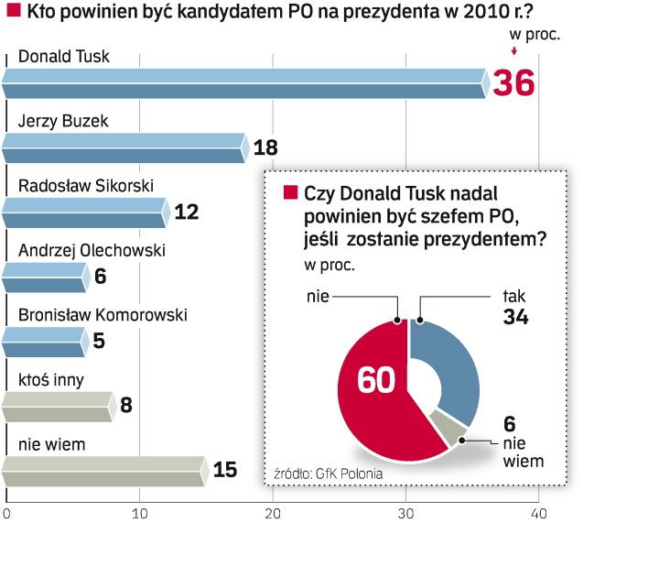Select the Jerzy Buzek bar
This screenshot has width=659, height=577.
pos(124,148)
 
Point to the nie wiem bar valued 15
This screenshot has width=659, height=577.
pos(104,470)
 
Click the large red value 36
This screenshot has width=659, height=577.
pos(513,83)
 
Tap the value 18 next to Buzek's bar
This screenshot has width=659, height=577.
pos(265,148)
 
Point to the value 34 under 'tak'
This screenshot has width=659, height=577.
pos(516,318)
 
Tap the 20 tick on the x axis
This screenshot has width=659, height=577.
pos(273,514)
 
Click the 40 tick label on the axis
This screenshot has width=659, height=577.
pos(538,514)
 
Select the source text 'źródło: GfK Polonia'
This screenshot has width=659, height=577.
pos(328,474)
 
